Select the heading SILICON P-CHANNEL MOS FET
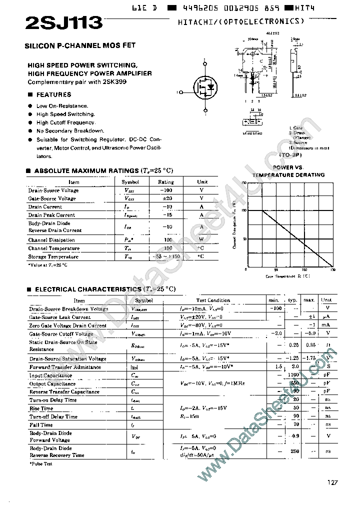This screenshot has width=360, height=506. coord(80,45)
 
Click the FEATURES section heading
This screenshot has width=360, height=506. coord(53,94)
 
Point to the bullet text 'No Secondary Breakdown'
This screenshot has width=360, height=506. coord(70,131)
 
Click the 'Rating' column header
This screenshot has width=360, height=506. coord(166,182)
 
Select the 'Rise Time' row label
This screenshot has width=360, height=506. coord(41,408)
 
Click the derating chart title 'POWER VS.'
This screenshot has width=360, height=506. coord(289,167)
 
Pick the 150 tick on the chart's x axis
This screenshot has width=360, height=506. coord(333,269)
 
